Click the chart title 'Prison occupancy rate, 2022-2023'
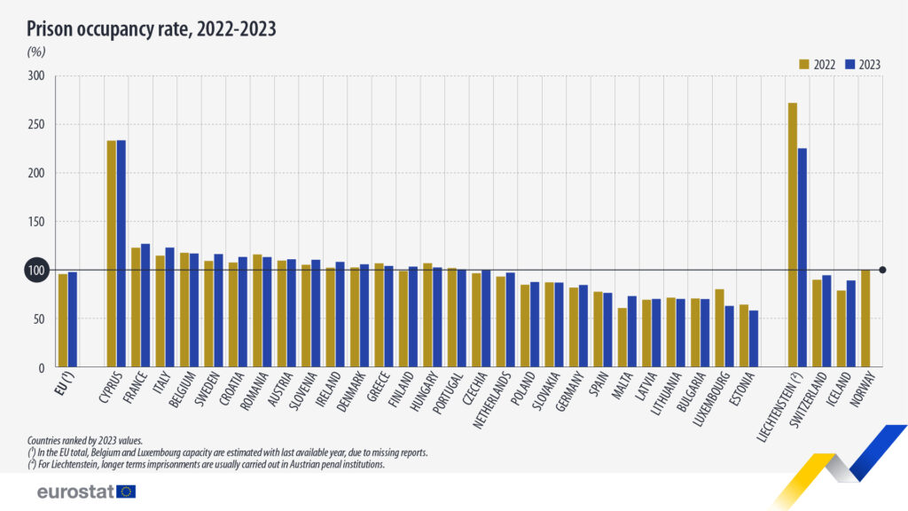coord(152,28)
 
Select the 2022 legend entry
coord(816,65)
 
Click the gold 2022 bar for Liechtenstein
coord(792,235)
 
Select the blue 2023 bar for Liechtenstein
coord(802,257)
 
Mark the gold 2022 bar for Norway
coord(865,318)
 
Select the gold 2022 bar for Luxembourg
coord(719,328)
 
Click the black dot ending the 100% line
coord(882,270)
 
